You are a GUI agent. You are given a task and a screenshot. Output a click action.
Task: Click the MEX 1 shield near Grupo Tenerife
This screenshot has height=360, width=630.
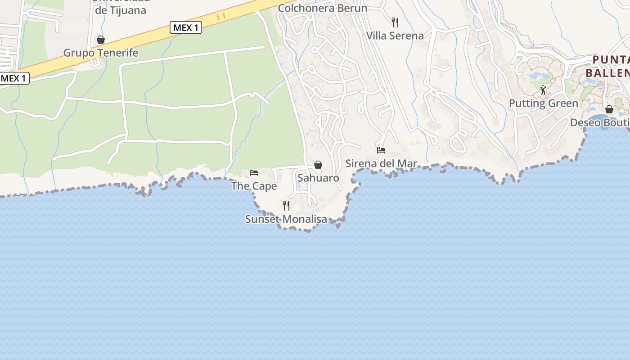click(186, 28)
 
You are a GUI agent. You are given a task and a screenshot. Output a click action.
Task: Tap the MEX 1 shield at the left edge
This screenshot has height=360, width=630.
click(14, 78)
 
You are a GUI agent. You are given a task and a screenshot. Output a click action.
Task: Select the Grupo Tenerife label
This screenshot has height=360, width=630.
click(100, 53)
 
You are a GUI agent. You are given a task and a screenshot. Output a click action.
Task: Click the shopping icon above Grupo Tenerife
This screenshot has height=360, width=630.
click(101, 40)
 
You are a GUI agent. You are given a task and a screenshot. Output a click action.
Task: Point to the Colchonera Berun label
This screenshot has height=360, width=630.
click(322, 8)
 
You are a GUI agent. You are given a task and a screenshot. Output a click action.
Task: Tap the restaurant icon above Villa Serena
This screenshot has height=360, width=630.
click(395, 22)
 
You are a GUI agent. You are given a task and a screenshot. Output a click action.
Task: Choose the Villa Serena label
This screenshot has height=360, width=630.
click(395, 36)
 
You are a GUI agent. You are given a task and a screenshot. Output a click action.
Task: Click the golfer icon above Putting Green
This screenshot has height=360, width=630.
click(543, 90)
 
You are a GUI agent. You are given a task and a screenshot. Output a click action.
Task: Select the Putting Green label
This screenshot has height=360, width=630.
click(543, 103)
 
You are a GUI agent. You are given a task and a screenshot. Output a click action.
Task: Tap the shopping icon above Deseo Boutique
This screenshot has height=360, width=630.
click(609, 109)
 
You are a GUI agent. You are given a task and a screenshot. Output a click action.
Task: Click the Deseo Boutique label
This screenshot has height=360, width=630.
click(600, 123)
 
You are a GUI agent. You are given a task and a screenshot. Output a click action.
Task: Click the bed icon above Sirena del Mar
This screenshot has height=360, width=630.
click(381, 150)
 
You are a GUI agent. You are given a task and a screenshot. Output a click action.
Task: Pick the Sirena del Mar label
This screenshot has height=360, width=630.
click(381, 163)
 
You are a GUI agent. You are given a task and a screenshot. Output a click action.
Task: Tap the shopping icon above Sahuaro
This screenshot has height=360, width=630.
click(318, 165)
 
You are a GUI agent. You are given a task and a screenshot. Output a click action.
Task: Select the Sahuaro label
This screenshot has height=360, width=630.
click(318, 178)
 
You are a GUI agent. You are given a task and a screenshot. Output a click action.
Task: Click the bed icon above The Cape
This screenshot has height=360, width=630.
click(254, 173)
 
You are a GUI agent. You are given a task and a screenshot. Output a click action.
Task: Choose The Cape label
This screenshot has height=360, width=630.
click(254, 186)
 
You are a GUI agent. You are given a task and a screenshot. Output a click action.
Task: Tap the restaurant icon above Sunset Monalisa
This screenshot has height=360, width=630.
click(286, 206)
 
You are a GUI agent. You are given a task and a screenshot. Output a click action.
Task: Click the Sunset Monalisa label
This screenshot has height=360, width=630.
click(286, 219)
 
